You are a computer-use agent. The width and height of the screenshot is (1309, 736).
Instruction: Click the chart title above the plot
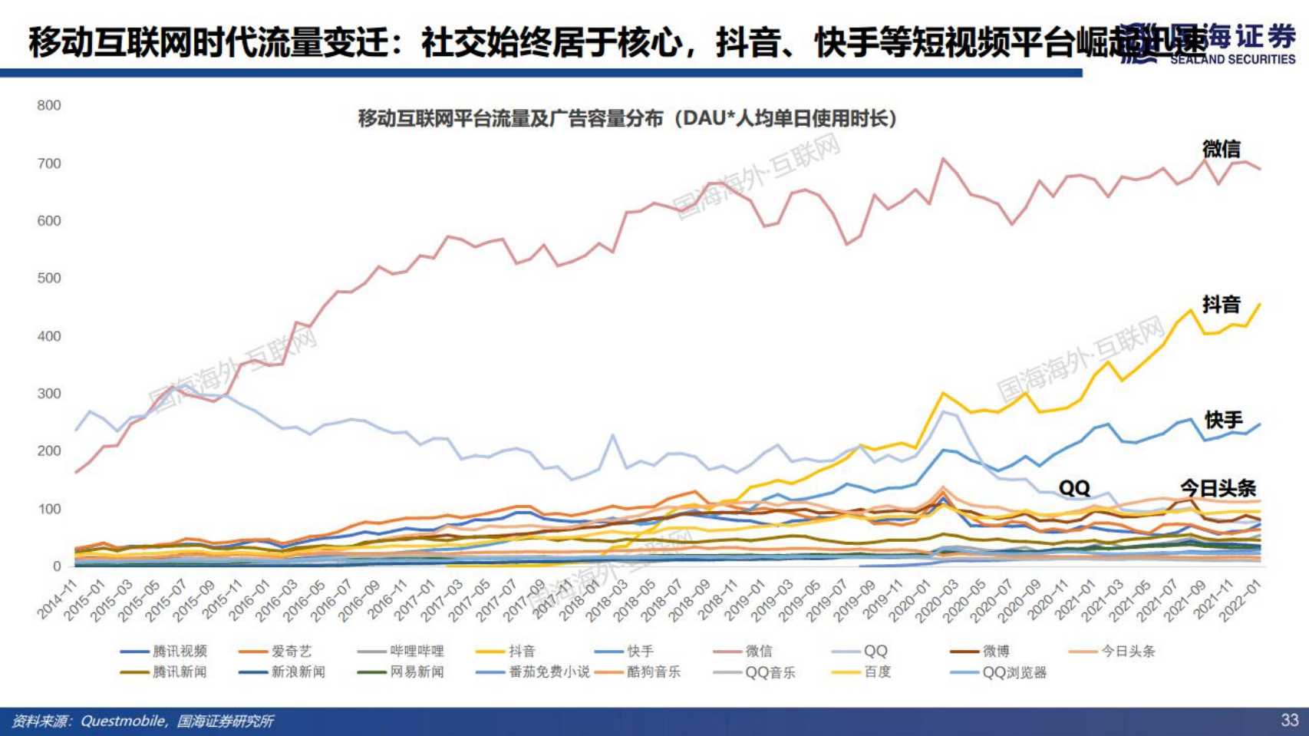point(628,118)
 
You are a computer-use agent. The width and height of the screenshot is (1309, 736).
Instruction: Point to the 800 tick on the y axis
point(49,105)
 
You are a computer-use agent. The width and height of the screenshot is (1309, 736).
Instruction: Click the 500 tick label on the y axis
point(49,278)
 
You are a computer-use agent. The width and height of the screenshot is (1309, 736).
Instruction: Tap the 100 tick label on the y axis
point(49,509)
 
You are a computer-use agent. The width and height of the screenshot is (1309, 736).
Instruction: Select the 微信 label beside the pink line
point(1221,149)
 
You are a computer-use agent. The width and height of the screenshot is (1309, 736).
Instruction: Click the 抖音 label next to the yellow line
point(1221,305)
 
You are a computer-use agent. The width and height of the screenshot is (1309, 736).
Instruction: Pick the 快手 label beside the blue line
point(1223,420)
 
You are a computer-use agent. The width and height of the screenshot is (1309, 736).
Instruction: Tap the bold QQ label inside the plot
point(1073,488)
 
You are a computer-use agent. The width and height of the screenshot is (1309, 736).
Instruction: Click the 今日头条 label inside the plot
point(1217,488)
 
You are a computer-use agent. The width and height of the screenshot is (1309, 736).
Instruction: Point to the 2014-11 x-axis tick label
point(58,600)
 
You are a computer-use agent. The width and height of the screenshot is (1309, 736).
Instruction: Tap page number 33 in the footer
point(1289,720)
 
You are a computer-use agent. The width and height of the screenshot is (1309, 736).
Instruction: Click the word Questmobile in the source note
point(122,721)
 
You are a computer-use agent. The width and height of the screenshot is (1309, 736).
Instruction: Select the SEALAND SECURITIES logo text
point(1232,59)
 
